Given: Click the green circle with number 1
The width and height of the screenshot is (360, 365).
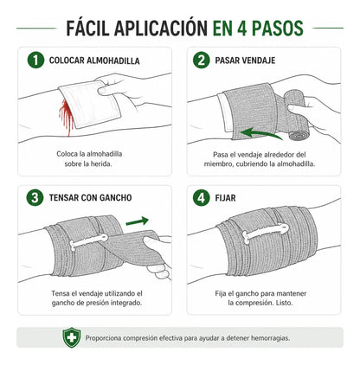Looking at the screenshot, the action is coord(35,61).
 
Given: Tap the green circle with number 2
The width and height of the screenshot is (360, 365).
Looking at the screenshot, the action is coord(201,61).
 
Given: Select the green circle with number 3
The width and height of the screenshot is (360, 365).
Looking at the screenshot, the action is coord(35,198).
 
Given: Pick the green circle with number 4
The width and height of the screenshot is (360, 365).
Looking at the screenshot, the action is coord(201,198).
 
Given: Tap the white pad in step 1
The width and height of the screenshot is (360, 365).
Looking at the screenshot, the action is coord(89,105).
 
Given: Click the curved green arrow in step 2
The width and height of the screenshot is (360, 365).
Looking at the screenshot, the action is coord(260,134).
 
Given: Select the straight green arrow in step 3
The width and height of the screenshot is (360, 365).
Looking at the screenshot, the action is coord(138,221).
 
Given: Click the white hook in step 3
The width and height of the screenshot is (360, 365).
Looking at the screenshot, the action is coord(88,241).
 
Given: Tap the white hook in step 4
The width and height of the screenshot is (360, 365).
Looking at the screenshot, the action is coord(266,232).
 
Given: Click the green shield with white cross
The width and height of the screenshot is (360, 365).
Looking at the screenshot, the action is coord(72,337).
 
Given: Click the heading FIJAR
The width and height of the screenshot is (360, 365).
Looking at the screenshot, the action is coord(225,198).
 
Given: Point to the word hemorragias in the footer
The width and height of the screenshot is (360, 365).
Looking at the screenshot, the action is coord(270,338).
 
